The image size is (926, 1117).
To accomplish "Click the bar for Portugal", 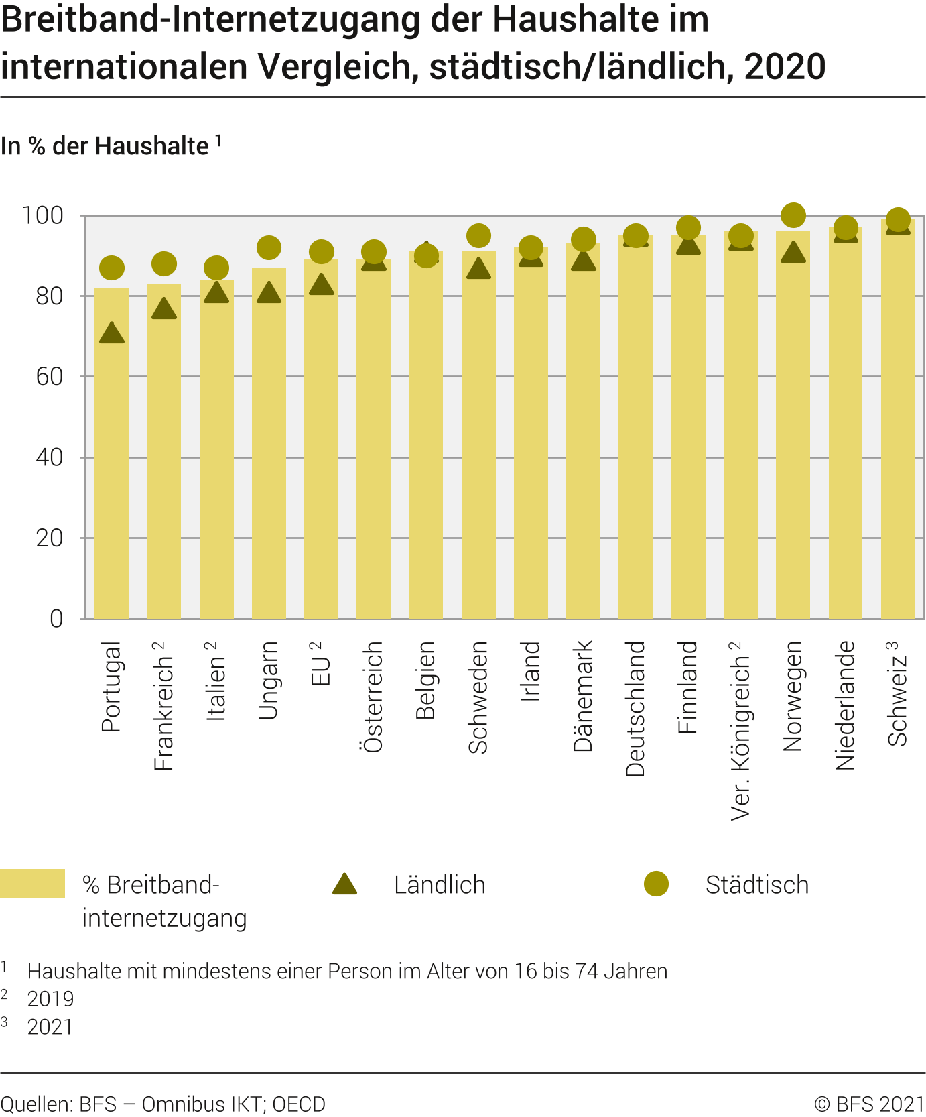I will pos(111,456).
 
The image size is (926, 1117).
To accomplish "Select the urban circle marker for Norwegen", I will pos(793,215).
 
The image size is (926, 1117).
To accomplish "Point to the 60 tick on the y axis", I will pos(50,377).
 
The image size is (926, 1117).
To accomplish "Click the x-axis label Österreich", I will pos(373,697).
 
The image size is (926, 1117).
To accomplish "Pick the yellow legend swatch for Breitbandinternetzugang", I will pos(32,884).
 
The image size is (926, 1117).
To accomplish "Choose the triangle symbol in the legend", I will pos(344,885).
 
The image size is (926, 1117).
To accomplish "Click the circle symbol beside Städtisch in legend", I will pos(656,884).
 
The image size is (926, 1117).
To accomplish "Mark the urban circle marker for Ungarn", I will pos(269,248).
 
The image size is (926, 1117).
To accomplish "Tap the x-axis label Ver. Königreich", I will pos(740,731).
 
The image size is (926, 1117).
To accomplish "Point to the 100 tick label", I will pos(43,216).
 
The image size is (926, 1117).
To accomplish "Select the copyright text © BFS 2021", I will pos(869,1104).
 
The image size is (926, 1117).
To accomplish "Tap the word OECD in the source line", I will pos(299,1104).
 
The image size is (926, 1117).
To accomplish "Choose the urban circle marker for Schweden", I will pos(478,236).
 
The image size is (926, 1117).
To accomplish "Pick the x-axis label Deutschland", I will pos(635,709).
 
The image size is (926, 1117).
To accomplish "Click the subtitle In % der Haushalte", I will pos(105,146).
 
